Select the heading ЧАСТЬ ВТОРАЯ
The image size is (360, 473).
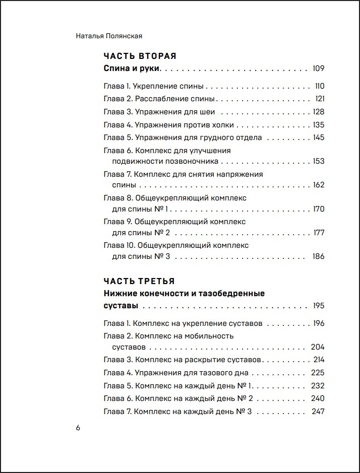tap(140, 56)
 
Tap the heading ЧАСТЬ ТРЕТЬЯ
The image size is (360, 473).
tap(139, 281)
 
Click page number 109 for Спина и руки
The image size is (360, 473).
tap(318, 69)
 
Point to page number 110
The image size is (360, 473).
tap(319, 86)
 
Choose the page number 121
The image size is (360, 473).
tap(320, 99)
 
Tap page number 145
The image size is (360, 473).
tap(318, 138)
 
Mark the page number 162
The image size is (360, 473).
tap(319, 185)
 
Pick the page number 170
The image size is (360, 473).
tap(319, 209)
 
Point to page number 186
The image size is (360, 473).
tap(318, 256)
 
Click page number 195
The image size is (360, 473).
tap(318, 306)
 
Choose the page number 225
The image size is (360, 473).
tap(318, 373)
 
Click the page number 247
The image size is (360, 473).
tap(318, 412)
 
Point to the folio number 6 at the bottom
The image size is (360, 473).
tap(78, 428)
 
